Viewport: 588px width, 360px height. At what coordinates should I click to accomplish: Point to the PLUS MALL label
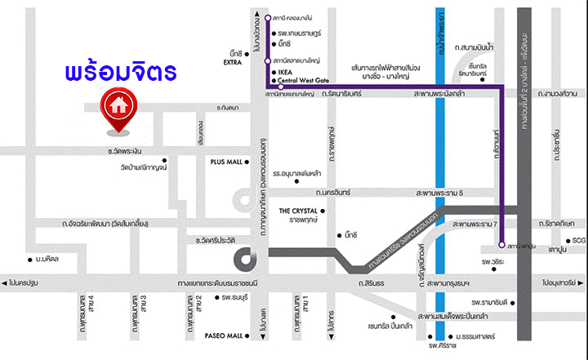click(x=226, y=162)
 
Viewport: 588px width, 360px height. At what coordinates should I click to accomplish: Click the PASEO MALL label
click(x=224, y=336)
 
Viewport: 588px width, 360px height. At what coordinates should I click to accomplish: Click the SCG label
click(x=579, y=240)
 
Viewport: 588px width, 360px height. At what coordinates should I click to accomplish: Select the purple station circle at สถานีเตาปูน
click(x=500, y=243)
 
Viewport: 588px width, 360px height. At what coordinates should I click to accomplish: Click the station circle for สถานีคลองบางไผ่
click(x=268, y=17)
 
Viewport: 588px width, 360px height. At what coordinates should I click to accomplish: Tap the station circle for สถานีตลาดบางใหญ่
click(x=268, y=60)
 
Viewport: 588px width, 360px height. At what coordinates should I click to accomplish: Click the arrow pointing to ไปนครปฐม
click(x=6, y=282)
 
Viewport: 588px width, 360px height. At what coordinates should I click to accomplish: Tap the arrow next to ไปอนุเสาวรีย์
click(x=581, y=282)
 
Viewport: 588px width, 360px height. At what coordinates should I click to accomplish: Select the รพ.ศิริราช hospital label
click(x=439, y=344)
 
